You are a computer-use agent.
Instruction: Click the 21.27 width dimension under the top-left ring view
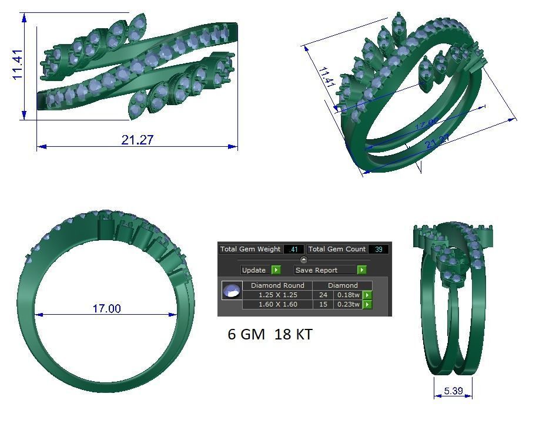pos(137,140)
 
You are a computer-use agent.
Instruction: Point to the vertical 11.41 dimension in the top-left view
pos(17,65)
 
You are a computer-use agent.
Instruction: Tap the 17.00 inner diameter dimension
pos(106,308)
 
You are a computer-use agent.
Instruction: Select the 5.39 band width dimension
pos(453,391)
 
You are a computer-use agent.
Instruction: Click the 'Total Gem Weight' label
pos(250,249)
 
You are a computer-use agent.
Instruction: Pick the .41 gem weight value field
pos(293,250)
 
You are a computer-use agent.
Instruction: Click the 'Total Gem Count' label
pos(337,249)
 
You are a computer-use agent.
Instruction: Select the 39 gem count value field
pos(378,250)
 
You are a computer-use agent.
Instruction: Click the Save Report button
pos(324,270)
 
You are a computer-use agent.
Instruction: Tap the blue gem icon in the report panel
pos(232,290)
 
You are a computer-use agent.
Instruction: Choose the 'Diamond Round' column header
pos(277,285)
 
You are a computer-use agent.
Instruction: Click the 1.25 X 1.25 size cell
pos(277,295)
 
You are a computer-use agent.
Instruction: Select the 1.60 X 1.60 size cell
pos(277,304)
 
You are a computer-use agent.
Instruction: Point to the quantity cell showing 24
pos(323,295)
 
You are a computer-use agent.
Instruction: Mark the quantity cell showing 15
pos(323,304)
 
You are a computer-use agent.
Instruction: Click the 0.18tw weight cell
pos(348,295)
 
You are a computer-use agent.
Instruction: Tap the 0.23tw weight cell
pos(348,304)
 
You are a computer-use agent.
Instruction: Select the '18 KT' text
pos(293,335)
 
